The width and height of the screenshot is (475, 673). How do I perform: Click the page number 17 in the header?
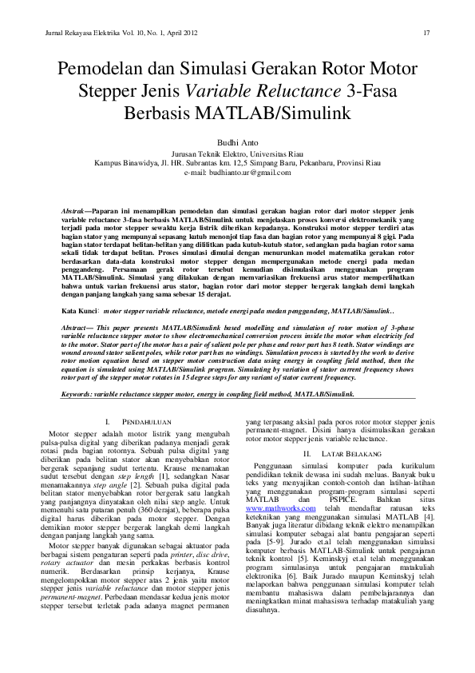pyautogui.click(x=426, y=33)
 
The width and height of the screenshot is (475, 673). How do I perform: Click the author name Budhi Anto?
pyautogui.click(x=237, y=139)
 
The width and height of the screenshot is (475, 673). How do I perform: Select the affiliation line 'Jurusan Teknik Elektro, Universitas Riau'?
pyautogui.click(x=237, y=152)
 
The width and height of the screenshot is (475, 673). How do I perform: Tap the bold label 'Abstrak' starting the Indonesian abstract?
pyautogui.click(x=73, y=209)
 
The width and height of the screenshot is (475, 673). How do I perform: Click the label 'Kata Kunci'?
pyautogui.click(x=80, y=307)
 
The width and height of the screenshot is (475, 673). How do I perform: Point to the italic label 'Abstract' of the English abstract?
pyautogui.click(x=76, y=329)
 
